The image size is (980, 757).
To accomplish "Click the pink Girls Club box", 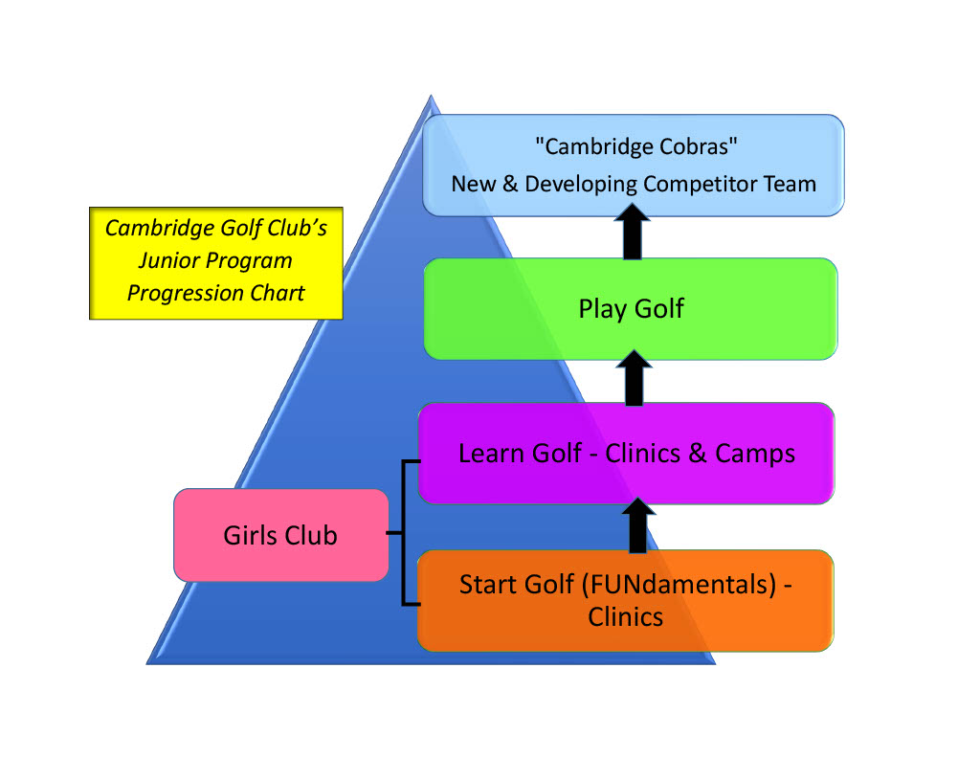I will pyautogui.click(x=280, y=535).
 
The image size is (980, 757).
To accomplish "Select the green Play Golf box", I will pyautogui.click(x=631, y=309).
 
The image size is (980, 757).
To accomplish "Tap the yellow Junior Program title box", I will pyautogui.click(x=215, y=260).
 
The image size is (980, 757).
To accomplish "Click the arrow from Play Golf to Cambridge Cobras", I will pyautogui.click(x=632, y=234).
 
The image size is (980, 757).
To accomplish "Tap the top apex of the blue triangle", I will pyautogui.click(x=432, y=97).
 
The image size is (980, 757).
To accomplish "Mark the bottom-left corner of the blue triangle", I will pyautogui.click(x=147, y=662).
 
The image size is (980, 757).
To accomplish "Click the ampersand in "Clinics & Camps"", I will pyautogui.click(x=698, y=453).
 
